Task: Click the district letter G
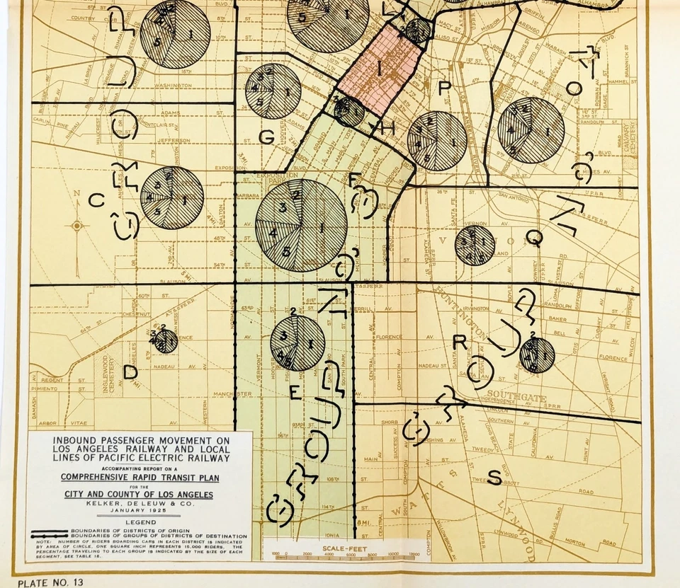pos(266,138)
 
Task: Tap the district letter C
pos(96,200)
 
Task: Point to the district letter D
pos(130,371)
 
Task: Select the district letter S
pos(494,478)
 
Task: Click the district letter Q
pos(535,240)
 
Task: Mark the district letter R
pos(459,342)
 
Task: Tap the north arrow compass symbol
pos(76,226)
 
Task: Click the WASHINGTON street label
pos(170,86)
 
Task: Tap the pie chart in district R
pos(537,354)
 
